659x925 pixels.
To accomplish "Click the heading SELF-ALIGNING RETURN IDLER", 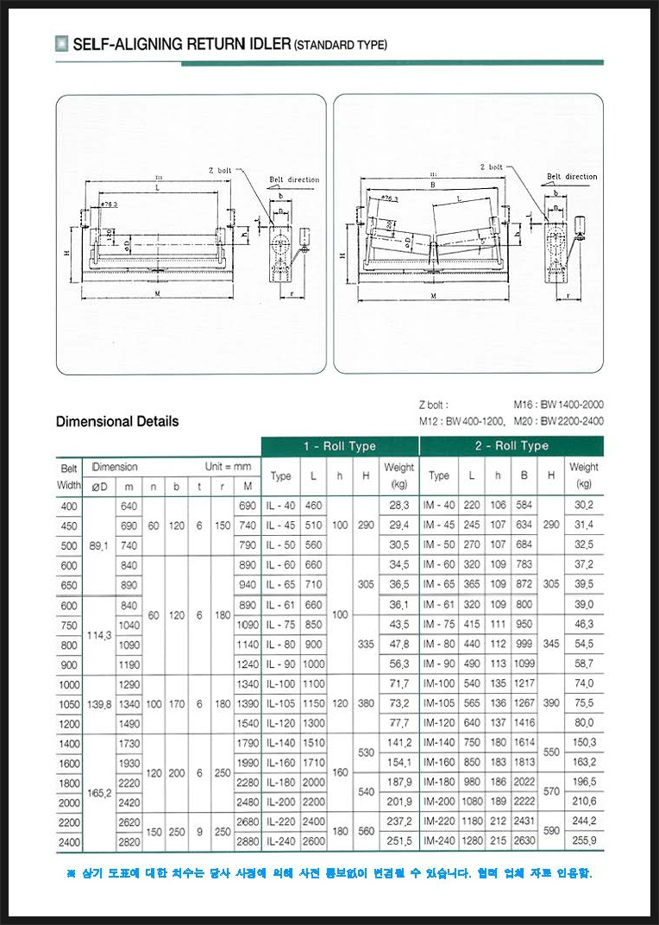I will [182, 44].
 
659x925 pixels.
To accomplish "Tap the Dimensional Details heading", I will [117, 421].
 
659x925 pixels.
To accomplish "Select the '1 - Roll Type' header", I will [339, 446].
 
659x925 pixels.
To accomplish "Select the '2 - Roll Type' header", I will [511, 446].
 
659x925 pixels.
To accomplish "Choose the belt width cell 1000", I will [69, 684].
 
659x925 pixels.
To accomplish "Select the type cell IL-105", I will [281, 704].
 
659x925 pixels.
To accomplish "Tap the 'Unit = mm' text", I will [228, 467].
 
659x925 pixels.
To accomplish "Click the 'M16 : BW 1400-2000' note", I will [558, 404].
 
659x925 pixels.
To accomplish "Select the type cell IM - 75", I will [439, 624].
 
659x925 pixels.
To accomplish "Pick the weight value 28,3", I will [399, 505].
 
